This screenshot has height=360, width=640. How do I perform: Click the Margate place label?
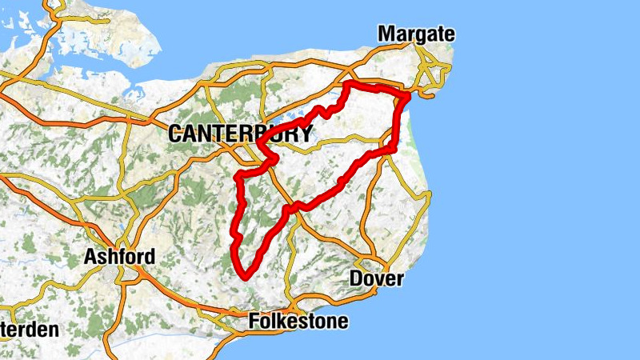pos(416,34)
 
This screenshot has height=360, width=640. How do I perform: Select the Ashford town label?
pos(120,258)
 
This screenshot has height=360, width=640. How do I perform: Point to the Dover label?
pos(377,279)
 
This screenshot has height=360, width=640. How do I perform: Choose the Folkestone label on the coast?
pos(298,322)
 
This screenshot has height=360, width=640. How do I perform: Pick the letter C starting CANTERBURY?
pos(176,134)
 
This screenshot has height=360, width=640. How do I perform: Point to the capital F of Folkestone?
pos(255,322)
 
